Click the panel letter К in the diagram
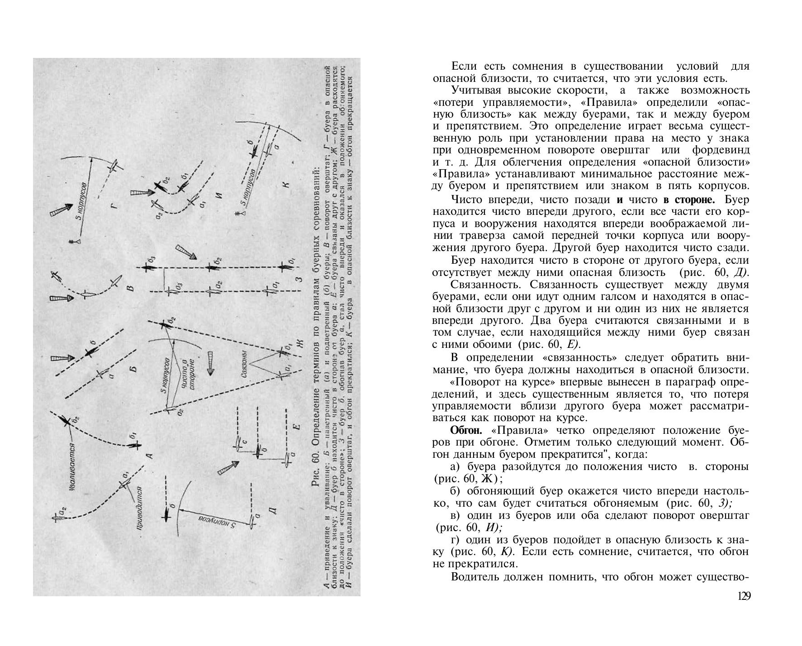(x=286, y=184)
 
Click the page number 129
(x=744, y=596)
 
